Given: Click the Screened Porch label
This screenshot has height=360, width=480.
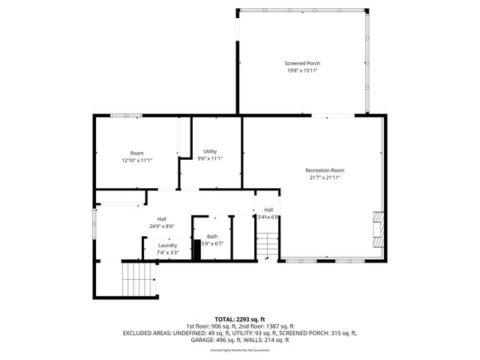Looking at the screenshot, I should [302, 63].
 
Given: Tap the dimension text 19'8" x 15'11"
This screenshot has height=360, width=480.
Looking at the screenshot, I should [302, 72].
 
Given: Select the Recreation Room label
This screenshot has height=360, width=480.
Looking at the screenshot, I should [325, 169].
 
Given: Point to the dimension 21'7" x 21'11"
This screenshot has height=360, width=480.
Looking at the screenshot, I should [325, 178].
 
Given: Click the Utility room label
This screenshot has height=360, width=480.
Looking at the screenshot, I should [210, 151].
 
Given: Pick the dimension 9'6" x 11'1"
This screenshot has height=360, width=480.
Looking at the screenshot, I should [210, 159].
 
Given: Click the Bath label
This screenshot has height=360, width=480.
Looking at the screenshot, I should [212, 235].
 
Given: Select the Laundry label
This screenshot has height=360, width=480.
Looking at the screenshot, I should [167, 245].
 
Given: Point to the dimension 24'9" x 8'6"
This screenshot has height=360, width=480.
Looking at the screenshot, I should [162, 226].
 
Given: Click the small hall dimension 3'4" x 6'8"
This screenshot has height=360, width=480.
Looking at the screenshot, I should [268, 217].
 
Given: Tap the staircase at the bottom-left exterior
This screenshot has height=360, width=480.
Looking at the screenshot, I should [137, 279].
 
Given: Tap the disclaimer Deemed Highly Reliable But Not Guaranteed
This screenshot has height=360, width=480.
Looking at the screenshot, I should [240, 349].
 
